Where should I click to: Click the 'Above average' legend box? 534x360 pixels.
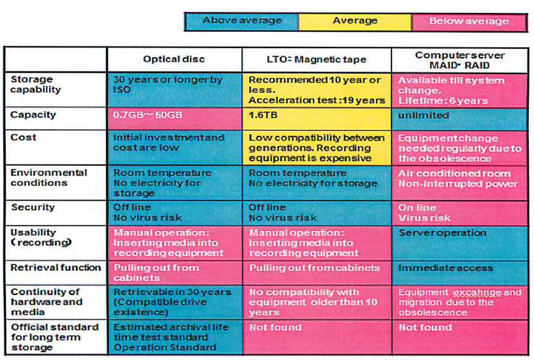pyautogui.click(x=241, y=21)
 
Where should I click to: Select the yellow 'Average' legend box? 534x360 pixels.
pyautogui.click(x=354, y=21)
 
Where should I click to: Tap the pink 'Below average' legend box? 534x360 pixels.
pyautogui.click(x=468, y=21)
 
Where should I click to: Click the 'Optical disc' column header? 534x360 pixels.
pyautogui.click(x=174, y=59)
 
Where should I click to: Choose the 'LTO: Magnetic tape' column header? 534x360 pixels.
pyautogui.click(x=317, y=59)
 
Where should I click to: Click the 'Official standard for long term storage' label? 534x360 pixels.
pyautogui.click(x=56, y=337)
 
